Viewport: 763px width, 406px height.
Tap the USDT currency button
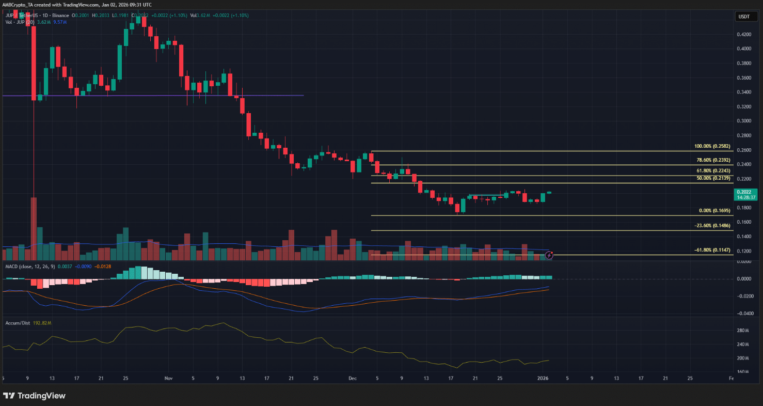(744, 17)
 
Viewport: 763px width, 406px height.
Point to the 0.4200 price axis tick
(744, 34)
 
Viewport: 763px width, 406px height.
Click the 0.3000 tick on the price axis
(744, 121)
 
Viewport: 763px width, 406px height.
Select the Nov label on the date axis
(168, 378)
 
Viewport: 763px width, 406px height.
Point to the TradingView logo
(35, 396)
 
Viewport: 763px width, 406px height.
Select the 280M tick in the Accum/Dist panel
(743, 331)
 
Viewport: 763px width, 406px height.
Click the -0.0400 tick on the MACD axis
(744, 314)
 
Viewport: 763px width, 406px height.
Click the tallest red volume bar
(34, 228)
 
